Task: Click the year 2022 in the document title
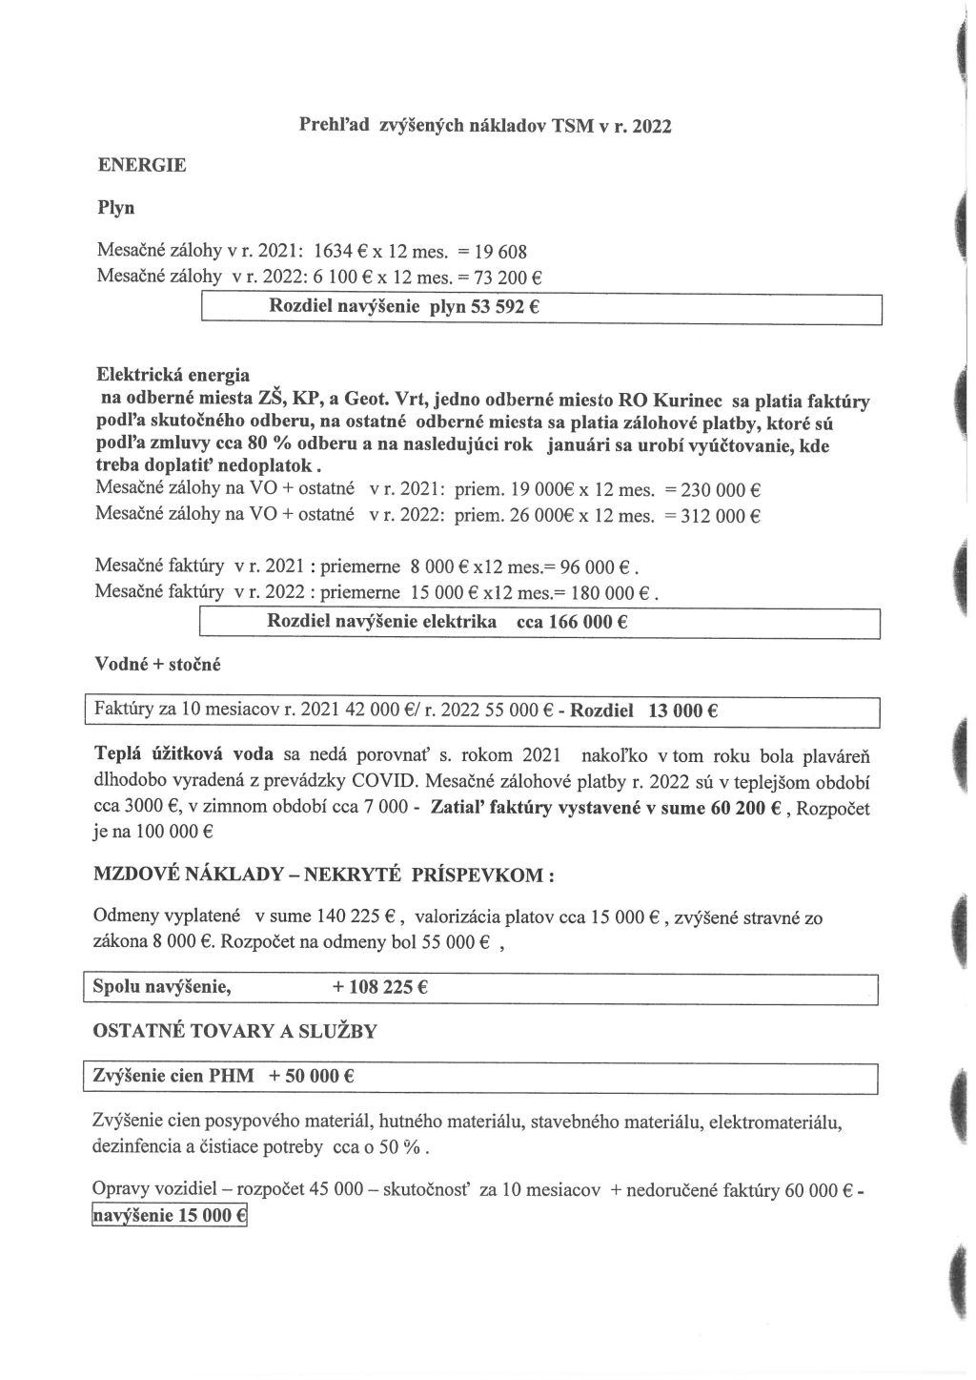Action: coord(650,125)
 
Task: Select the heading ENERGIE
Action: coord(142,165)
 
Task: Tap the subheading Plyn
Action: coord(116,207)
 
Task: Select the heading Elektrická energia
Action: coord(173,373)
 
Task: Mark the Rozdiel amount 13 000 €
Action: coord(683,711)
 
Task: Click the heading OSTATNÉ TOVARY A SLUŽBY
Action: coord(234,1031)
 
